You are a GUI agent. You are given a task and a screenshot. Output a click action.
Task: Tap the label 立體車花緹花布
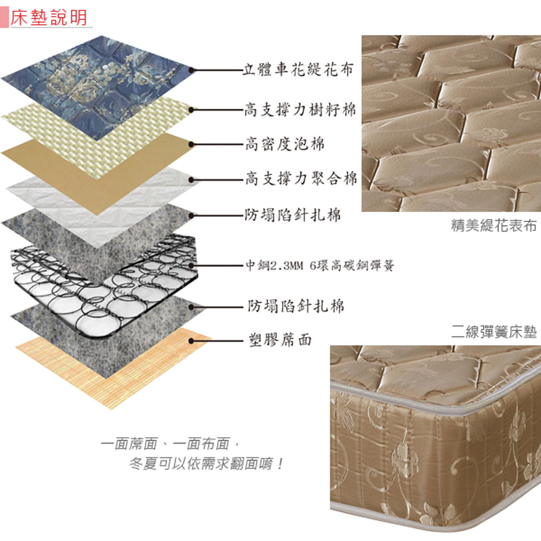pyautogui.click(x=298, y=69)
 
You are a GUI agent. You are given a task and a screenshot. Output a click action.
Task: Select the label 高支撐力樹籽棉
pyautogui.click(x=300, y=109)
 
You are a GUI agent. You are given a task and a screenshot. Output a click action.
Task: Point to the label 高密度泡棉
pyautogui.click(x=285, y=143)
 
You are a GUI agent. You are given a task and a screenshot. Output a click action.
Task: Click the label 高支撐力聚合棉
pyautogui.click(x=301, y=179)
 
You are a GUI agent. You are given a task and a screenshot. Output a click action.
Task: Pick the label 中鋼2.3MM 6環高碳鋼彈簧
pyautogui.click(x=320, y=266)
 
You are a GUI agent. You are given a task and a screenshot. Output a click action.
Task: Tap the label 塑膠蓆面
pyautogui.click(x=280, y=340)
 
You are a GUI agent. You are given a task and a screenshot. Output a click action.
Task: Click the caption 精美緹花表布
pyautogui.click(x=494, y=225)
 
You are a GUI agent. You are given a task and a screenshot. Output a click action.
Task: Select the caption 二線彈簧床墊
pyautogui.click(x=494, y=332)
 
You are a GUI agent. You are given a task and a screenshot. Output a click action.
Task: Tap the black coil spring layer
pyautogui.click(x=103, y=286)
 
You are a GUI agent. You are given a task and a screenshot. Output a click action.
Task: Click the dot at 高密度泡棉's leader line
pyautogui.click(x=191, y=144)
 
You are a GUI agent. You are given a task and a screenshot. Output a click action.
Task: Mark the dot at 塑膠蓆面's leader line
pyautogui.click(x=191, y=341)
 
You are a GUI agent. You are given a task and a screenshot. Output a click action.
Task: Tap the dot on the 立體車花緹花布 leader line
pyautogui.click(x=191, y=70)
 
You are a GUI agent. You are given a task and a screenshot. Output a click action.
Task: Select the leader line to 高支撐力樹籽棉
pyautogui.click(x=217, y=110)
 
